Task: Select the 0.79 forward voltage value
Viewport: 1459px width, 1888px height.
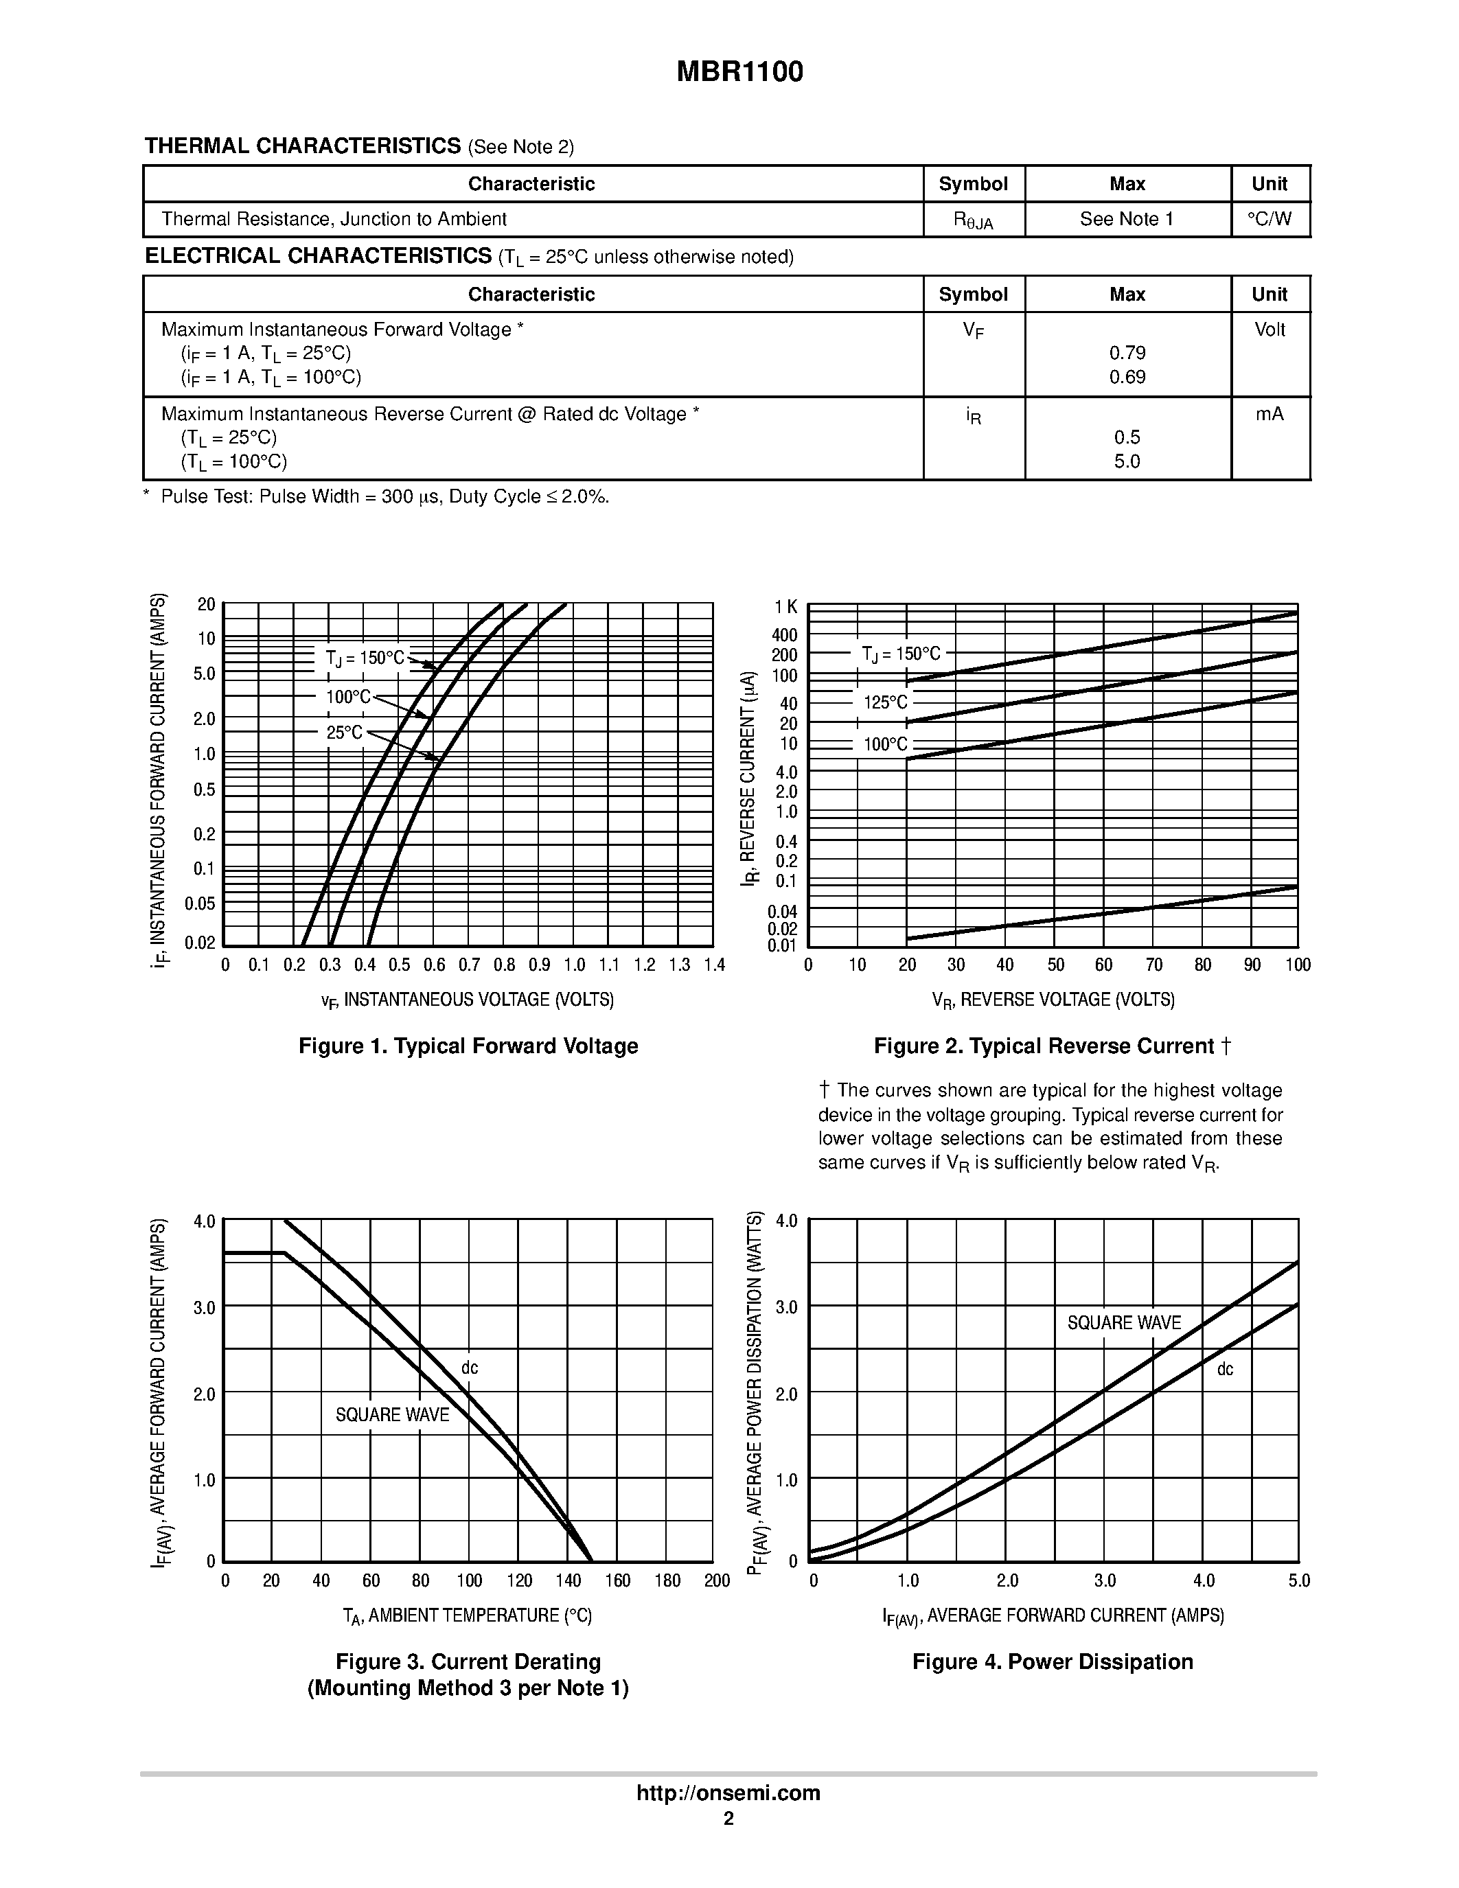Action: [x=1127, y=353]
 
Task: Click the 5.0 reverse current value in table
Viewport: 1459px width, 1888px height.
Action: [x=1127, y=461]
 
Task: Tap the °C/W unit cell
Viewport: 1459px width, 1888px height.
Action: [x=1269, y=220]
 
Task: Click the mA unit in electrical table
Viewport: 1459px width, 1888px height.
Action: [x=1269, y=415]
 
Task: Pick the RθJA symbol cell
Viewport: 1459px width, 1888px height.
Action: [x=974, y=220]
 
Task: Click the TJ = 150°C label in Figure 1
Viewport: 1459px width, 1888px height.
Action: [x=365, y=658]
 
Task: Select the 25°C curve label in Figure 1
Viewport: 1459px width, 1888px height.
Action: [x=344, y=733]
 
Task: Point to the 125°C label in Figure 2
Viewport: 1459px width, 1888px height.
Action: [x=885, y=702]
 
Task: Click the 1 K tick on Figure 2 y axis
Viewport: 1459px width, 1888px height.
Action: [x=785, y=608]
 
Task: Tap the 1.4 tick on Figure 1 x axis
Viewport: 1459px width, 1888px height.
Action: [x=714, y=965]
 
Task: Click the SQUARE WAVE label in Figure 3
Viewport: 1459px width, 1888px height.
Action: [x=393, y=1415]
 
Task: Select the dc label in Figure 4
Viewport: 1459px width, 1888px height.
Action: [x=1225, y=1370]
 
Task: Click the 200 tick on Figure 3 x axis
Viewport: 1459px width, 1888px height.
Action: [x=717, y=1581]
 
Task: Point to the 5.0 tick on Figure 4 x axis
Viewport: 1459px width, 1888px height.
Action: [x=1299, y=1581]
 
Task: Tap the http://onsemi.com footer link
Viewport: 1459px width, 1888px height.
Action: [x=728, y=1793]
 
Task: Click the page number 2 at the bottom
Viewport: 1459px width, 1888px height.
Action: [x=728, y=1819]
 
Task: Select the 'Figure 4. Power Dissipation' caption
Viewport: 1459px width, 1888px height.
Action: [x=1053, y=1662]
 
